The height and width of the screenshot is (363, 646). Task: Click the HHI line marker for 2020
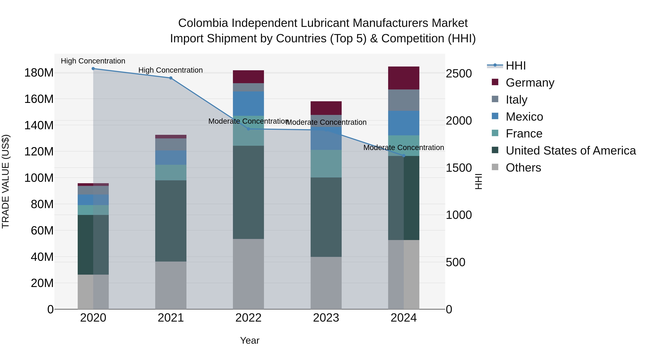click(93, 69)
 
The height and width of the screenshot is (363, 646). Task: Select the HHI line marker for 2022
click(248, 129)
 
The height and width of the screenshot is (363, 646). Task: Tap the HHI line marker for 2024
click(404, 156)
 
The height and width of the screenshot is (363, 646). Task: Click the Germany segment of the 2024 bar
click(404, 78)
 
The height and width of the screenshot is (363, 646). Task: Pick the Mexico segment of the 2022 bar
click(248, 103)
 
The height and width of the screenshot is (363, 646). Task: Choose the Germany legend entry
click(530, 83)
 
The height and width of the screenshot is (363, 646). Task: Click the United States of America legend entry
click(570, 151)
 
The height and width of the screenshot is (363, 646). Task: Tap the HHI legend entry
click(515, 66)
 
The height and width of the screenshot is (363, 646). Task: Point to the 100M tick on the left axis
click(39, 178)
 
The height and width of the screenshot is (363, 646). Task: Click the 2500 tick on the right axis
click(459, 74)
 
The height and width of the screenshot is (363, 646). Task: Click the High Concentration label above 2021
click(170, 70)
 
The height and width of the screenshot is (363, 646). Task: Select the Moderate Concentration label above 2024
click(404, 148)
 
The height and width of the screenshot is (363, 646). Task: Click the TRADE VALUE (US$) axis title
click(6, 181)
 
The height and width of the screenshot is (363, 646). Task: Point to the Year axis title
click(250, 340)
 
